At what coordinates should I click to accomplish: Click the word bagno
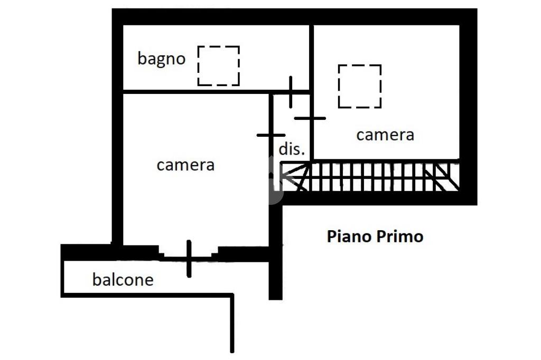[161, 59]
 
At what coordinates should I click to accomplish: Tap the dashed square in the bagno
[218, 65]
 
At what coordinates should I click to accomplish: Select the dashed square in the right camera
[359, 86]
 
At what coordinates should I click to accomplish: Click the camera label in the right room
[385, 135]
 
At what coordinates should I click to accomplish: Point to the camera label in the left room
[185, 165]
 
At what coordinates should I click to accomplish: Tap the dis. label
[292, 149]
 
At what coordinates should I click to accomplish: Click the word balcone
[123, 279]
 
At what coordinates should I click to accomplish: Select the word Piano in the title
[349, 236]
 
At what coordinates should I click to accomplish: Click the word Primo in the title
[399, 236]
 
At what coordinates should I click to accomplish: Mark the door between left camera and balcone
[189, 258]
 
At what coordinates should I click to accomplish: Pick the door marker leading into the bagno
[291, 92]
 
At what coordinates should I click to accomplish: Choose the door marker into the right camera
[310, 118]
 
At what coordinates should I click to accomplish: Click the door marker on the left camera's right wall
[270, 135]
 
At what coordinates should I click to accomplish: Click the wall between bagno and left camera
[195, 92]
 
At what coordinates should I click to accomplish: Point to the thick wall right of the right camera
[468, 106]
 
